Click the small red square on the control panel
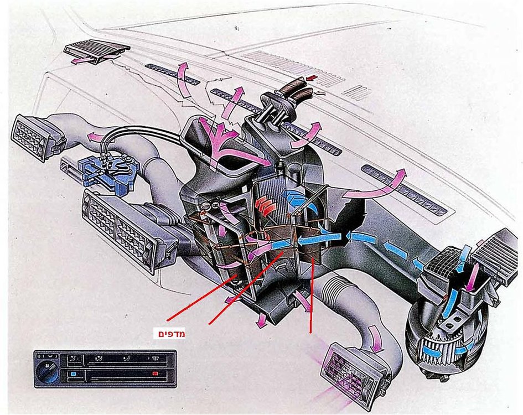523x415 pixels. [155, 373]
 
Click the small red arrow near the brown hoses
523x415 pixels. [313, 78]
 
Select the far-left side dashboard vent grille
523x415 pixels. [32, 137]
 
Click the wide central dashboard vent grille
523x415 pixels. [128, 231]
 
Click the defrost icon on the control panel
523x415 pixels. [154, 359]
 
